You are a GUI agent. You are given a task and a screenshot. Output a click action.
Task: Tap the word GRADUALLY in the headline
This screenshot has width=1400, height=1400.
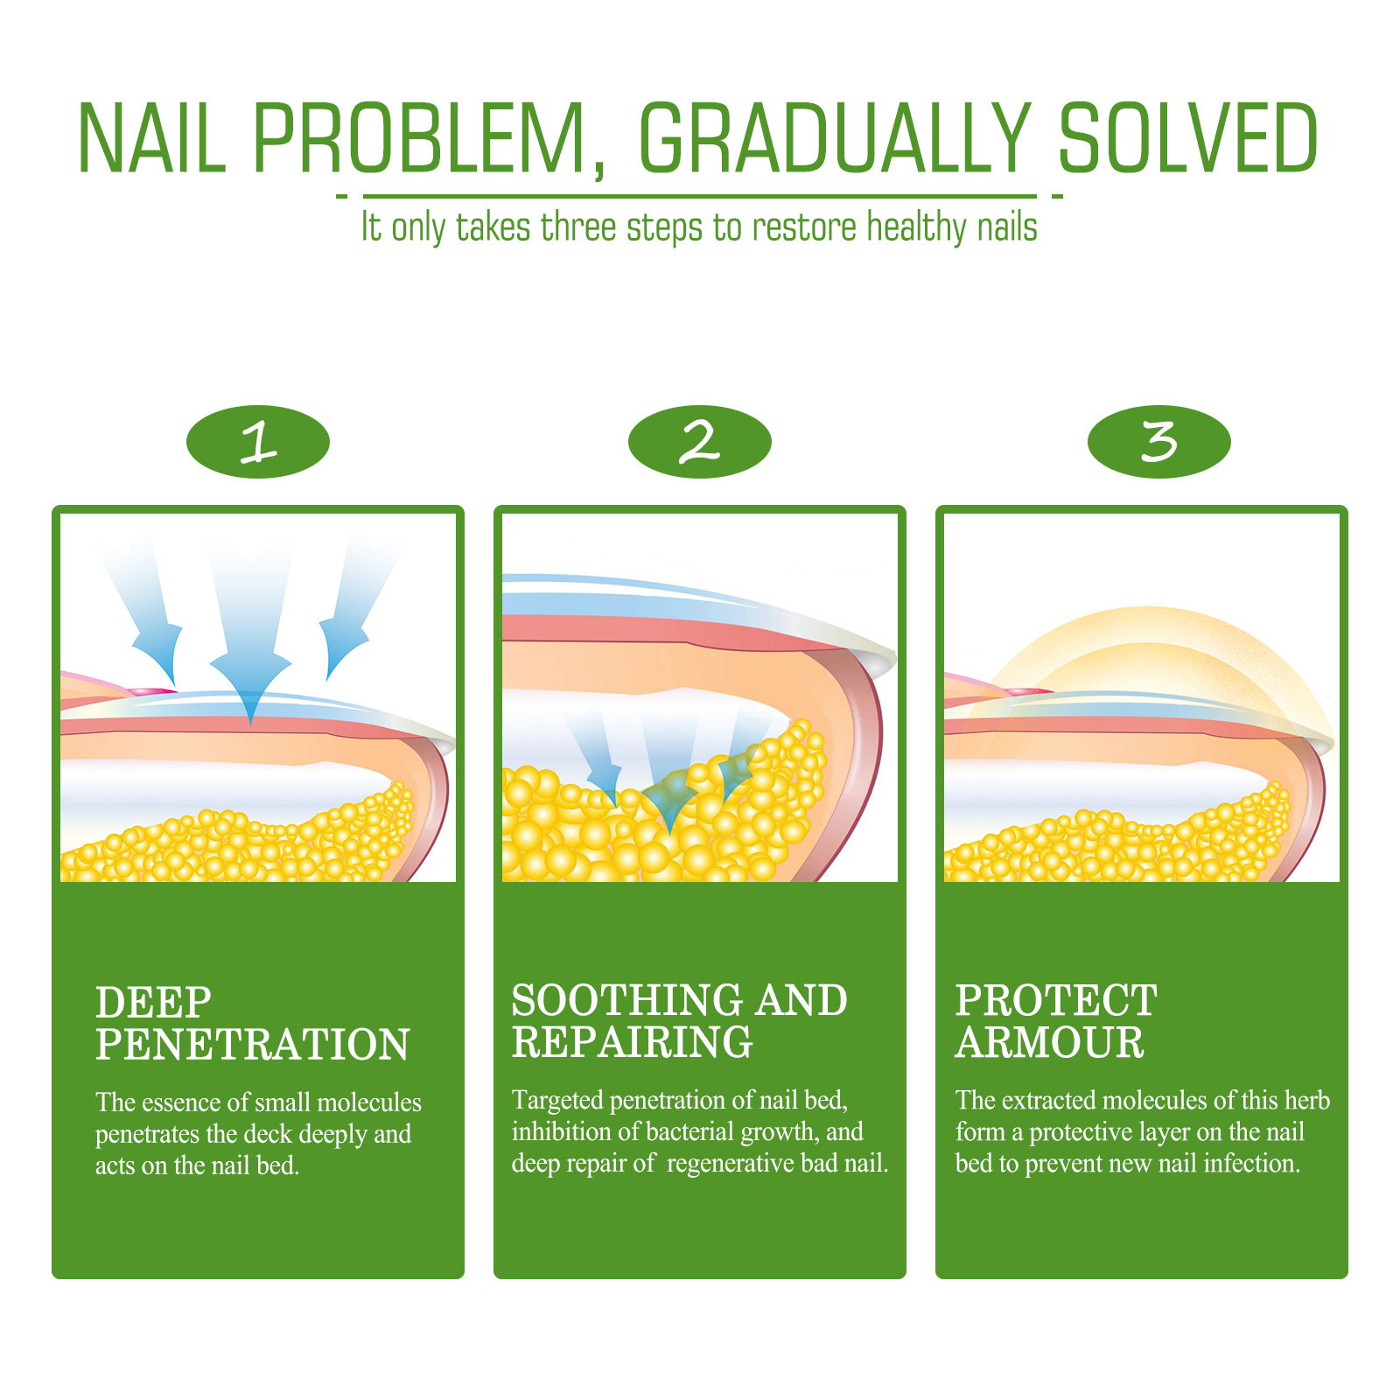(x=835, y=138)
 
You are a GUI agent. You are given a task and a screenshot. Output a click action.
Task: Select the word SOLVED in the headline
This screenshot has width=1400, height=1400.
(x=1188, y=138)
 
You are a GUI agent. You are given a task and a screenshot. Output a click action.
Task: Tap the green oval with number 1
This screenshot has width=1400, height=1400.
(x=258, y=441)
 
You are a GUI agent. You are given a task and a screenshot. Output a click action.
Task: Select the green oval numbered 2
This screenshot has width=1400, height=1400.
(x=700, y=441)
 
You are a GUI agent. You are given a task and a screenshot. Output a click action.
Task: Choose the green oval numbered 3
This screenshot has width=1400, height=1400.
(x=1159, y=441)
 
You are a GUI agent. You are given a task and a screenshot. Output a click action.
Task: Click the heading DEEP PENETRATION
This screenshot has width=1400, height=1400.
(x=253, y=1023)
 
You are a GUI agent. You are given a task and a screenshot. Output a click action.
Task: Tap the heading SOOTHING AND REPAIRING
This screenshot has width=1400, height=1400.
(x=680, y=1020)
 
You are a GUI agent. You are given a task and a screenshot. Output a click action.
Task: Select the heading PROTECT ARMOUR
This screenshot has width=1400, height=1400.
(x=1056, y=1020)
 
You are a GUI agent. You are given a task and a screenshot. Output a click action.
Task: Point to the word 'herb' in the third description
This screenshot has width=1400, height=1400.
(x=1307, y=1100)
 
